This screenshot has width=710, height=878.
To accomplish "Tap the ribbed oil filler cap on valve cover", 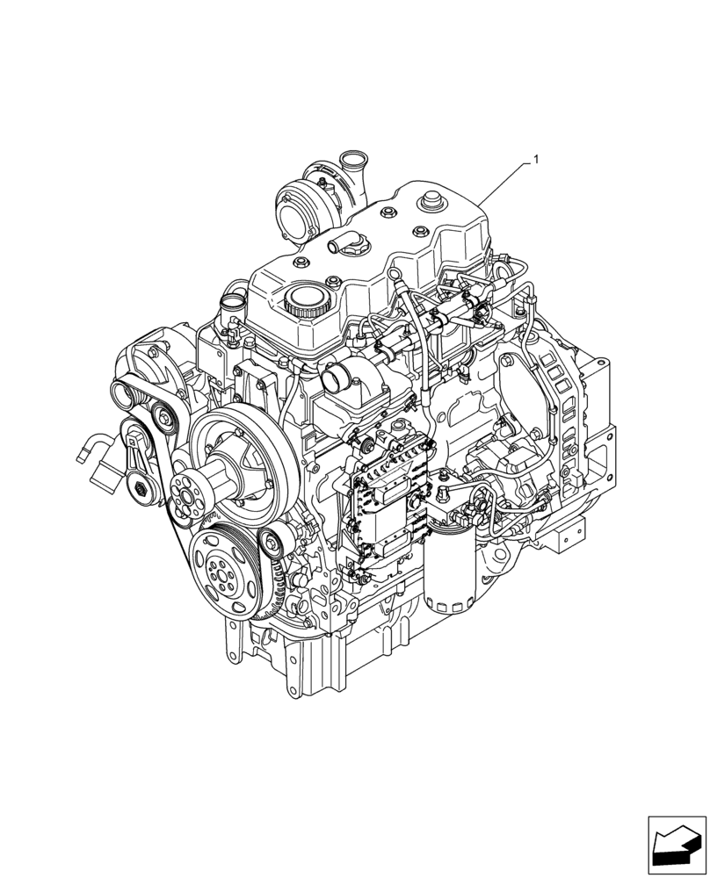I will pyautogui.click(x=304, y=304).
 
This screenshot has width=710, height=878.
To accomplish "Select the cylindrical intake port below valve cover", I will pyautogui.click(x=337, y=380).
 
